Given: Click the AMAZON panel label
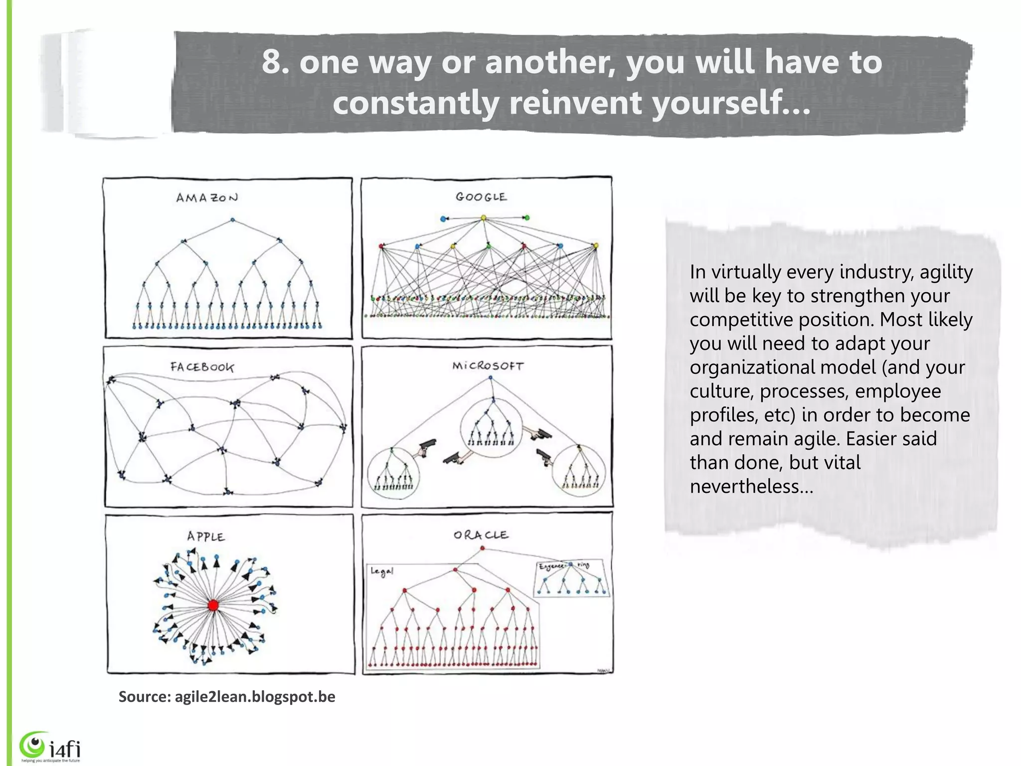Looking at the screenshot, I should coord(207,198).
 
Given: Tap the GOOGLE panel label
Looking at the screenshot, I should coord(481,197).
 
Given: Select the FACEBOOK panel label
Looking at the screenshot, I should coord(202,368).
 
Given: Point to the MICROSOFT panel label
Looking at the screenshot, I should coord(488,366).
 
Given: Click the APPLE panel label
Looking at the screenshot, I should coord(206,537).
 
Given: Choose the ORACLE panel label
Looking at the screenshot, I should coord(481,535).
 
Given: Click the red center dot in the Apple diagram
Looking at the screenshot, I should coord(213,605).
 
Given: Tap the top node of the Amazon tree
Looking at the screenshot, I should coord(232,220).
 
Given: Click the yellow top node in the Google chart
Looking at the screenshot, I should coord(483,218).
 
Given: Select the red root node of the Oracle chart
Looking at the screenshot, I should coord(482,549).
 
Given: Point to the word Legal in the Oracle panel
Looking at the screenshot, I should coord(382,572).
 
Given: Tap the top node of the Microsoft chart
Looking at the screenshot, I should coord(491,378).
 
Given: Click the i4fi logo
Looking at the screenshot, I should coord(50,746).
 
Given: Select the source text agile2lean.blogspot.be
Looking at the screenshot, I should coord(255,697).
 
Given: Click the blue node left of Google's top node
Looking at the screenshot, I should coord(443,218).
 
